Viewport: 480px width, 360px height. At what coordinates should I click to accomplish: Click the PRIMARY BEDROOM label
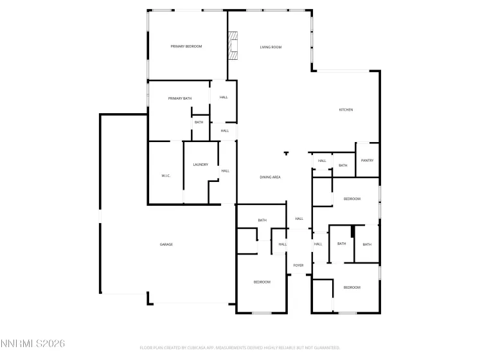186,46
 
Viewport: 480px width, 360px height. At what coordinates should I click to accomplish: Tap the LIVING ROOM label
271,47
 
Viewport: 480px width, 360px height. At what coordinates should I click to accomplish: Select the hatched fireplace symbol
233,46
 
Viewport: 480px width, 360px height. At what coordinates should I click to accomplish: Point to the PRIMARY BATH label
180,98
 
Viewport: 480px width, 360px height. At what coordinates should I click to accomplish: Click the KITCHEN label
346,110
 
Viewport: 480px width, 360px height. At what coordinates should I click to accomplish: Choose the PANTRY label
367,161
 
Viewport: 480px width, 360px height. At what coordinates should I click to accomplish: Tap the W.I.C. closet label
165,175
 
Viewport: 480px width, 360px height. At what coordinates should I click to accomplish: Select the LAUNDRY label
200,165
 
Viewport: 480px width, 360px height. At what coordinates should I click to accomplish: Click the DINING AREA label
271,177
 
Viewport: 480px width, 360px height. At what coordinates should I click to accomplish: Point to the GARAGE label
166,244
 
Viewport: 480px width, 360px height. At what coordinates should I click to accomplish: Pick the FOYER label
298,265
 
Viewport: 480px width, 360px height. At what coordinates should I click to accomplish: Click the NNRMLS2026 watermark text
33,344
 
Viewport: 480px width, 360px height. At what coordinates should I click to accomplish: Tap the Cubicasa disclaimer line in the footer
240,348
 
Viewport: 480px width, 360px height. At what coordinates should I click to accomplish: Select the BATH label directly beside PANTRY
343,165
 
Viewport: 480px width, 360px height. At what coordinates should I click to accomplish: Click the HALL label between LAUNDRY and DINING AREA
226,171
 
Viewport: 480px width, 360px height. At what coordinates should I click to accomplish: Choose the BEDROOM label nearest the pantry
352,199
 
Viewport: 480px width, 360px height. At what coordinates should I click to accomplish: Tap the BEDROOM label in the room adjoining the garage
262,282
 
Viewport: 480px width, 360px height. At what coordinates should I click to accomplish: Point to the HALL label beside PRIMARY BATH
224,98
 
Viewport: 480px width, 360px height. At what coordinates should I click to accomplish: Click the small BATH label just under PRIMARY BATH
199,122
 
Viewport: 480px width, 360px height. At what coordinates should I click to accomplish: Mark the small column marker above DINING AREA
286,154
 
